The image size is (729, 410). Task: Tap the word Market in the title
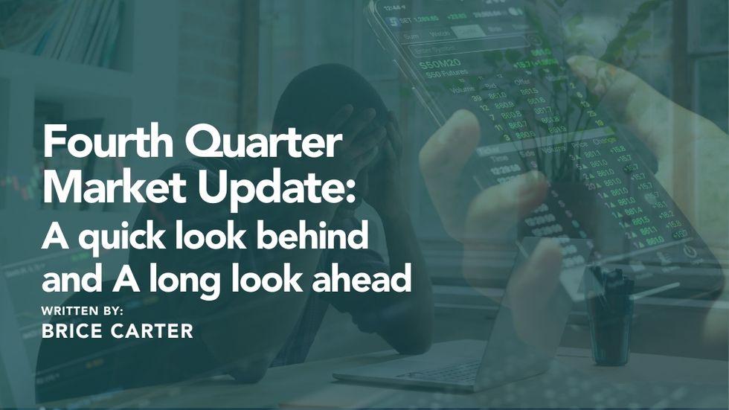point(106,190)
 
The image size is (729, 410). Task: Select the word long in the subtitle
point(182,281)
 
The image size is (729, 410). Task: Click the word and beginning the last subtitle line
point(68,282)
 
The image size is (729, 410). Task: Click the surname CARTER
point(153,331)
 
